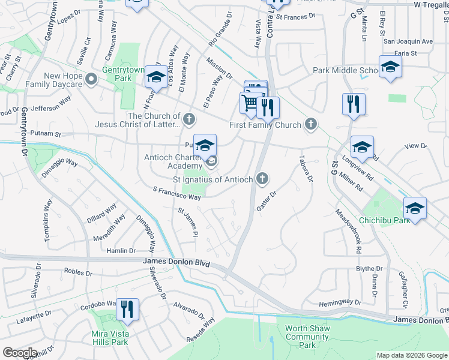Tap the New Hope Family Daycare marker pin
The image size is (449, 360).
(x=91, y=79)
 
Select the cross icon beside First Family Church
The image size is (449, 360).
(x=310, y=124)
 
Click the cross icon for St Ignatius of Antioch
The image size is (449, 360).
(x=262, y=178)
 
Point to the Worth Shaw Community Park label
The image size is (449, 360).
(x=307, y=337)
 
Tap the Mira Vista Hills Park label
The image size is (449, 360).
(x=110, y=338)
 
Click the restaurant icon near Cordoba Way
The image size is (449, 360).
(x=127, y=309)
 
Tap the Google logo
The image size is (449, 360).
(x=20, y=353)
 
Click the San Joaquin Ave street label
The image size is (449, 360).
(x=408, y=41)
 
